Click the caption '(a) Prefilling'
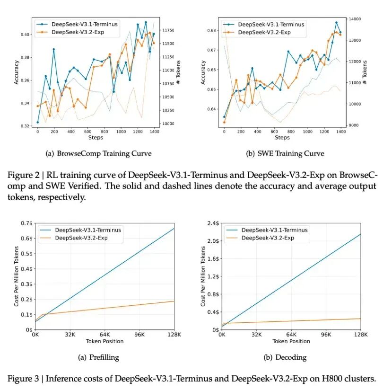point(98,357)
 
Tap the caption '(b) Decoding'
point(285,357)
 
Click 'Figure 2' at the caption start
point(22,175)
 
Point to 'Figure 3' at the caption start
point(22,379)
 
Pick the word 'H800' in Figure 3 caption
point(331,379)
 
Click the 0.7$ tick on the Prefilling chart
point(26,223)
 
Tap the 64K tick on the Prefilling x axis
point(105,335)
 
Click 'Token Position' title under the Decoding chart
point(291,341)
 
